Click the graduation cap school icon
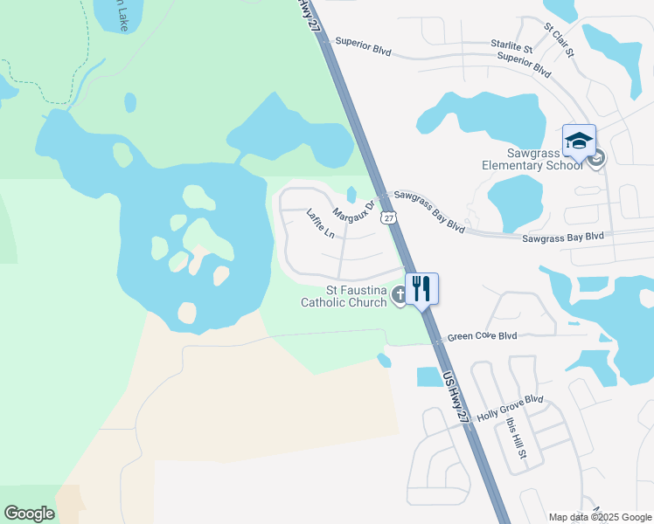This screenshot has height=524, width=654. click(x=579, y=141)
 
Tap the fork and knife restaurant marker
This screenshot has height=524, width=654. click(x=421, y=287)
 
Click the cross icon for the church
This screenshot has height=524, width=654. click(x=399, y=294)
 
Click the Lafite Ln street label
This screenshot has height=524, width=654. click(x=321, y=224)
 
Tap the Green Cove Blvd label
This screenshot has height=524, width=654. click(x=482, y=335)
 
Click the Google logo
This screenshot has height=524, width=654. click(x=29, y=513)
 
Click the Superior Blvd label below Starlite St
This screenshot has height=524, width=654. click(x=523, y=64)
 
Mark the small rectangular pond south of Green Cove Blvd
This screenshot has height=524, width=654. click(x=429, y=377)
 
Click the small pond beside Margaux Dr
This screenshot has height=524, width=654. click(x=351, y=194)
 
